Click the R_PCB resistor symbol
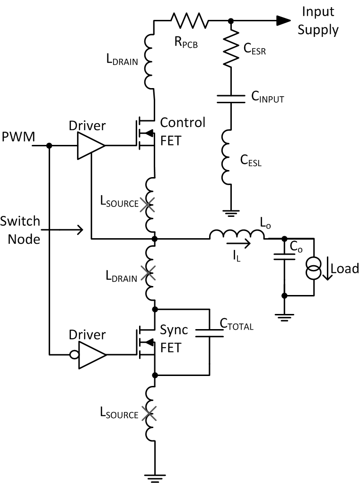189,20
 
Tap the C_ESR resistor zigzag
230,47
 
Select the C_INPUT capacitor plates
230,99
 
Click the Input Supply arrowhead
282,20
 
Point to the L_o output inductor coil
237,234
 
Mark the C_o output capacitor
284,258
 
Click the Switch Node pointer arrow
66,231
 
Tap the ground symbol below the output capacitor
284,317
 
